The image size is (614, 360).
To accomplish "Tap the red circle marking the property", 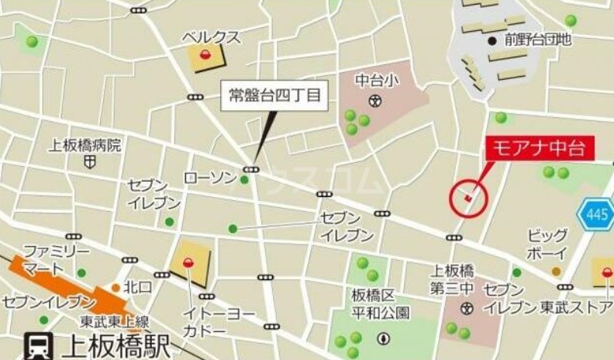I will (x=468, y=199).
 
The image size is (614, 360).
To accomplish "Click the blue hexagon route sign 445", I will (x=595, y=215).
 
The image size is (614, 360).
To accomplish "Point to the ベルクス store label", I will (x=212, y=36).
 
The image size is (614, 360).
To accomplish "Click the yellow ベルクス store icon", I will (x=205, y=56).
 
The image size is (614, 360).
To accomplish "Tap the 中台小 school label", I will (x=375, y=80).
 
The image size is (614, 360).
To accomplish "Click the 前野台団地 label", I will (x=537, y=40).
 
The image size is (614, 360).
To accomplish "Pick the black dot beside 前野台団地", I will (x=492, y=40).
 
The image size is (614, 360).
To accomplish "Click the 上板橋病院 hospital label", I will (x=85, y=145).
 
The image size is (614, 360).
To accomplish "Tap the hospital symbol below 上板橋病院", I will (x=91, y=163).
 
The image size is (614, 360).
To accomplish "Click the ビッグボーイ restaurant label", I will (x=547, y=244).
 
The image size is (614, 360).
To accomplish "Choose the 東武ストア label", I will (x=576, y=306).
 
